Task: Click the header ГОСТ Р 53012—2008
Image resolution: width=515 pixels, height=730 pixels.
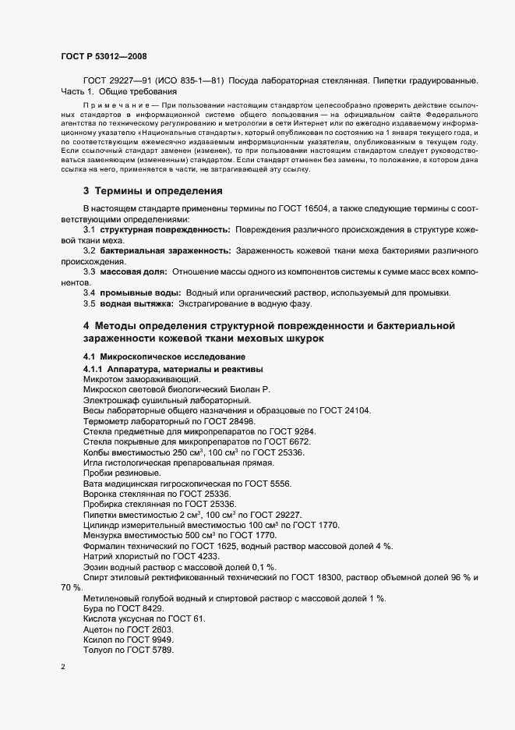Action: point(103,56)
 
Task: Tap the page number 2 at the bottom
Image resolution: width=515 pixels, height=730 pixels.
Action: point(62,668)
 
